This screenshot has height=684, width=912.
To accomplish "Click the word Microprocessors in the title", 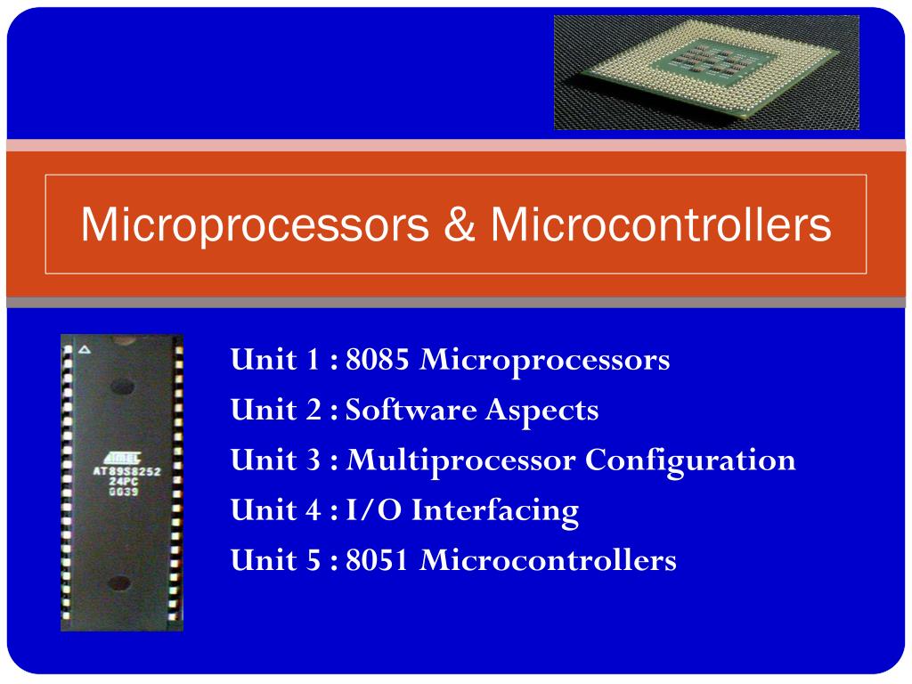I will click(254, 225).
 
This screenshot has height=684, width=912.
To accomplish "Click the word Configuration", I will click(690, 460).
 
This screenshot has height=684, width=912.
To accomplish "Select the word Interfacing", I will click(496, 510).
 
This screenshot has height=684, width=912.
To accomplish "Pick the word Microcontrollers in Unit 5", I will click(548, 560).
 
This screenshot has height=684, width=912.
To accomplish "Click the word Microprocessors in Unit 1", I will click(544, 361).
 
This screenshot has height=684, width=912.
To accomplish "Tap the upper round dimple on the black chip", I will click(123, 387).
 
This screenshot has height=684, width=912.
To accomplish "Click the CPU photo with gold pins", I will click(706, 72).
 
